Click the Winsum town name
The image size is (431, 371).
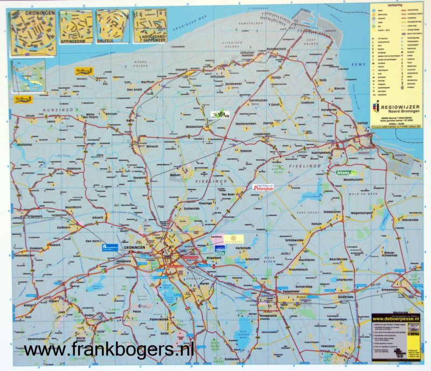pos(152,146)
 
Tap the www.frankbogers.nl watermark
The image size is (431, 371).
pos(108,351)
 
